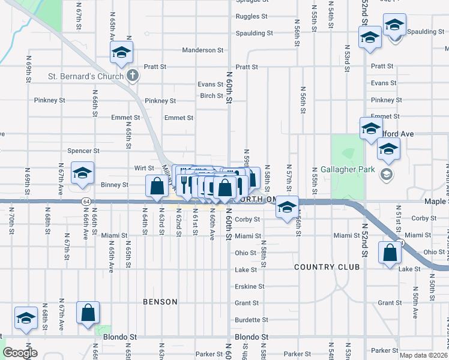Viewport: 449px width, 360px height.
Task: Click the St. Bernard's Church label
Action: [x=86, y=76]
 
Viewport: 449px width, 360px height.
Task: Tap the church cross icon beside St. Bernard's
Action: [x=133, y=76]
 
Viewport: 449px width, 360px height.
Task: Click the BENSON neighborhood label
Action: [x=160, y=302]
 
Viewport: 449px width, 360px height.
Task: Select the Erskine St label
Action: [x=250, y=286]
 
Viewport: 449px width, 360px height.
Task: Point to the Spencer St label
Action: [x=83, y=151]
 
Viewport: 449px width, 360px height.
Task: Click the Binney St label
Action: [x=115, y=185]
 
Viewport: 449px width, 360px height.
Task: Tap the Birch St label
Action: [x=212, y=95]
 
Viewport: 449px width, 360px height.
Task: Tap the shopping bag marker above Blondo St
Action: [x=88, y=313]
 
